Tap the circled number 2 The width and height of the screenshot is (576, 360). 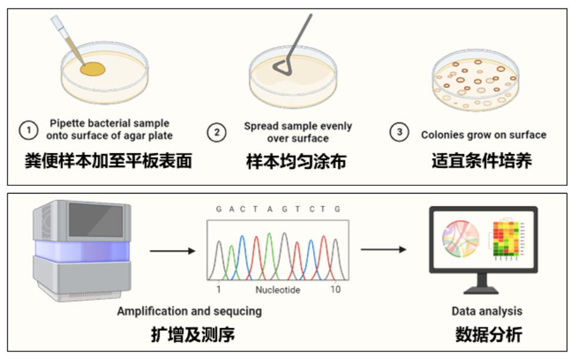[217, 132]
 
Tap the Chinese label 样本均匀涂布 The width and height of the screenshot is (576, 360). [295, 161]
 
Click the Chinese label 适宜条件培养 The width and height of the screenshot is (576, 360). [481, 161]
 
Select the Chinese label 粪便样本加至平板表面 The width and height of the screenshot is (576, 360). [108, 161]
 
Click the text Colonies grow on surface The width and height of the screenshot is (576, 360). [483, 135]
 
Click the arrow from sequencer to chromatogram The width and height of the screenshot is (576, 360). [172, 251]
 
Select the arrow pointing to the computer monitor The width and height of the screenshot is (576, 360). [383, 249]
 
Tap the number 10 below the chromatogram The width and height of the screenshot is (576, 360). [335, 289]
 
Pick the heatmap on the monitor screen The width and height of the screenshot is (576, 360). [507, 240]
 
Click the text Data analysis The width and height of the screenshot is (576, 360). [487, 311]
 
